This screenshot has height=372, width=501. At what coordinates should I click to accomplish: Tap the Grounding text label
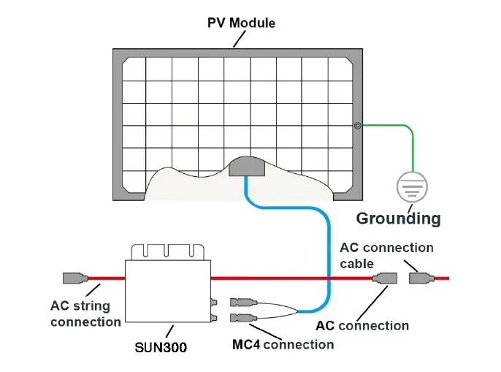[x=398, y=218]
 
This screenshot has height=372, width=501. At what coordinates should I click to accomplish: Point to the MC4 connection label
[x=283, y=343]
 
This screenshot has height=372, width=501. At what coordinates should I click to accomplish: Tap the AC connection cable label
[x=386, y=255]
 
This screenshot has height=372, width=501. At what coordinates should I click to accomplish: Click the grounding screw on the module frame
[x=357, y=125]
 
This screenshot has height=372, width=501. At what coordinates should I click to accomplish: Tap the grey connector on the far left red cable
[x=75, y=278]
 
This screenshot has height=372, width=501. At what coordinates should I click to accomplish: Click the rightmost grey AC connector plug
[x=421, y=278]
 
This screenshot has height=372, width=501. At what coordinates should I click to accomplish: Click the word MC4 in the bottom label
[x=245, y=343]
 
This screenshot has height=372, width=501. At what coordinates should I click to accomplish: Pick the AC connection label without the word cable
[x=362, y=325]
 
